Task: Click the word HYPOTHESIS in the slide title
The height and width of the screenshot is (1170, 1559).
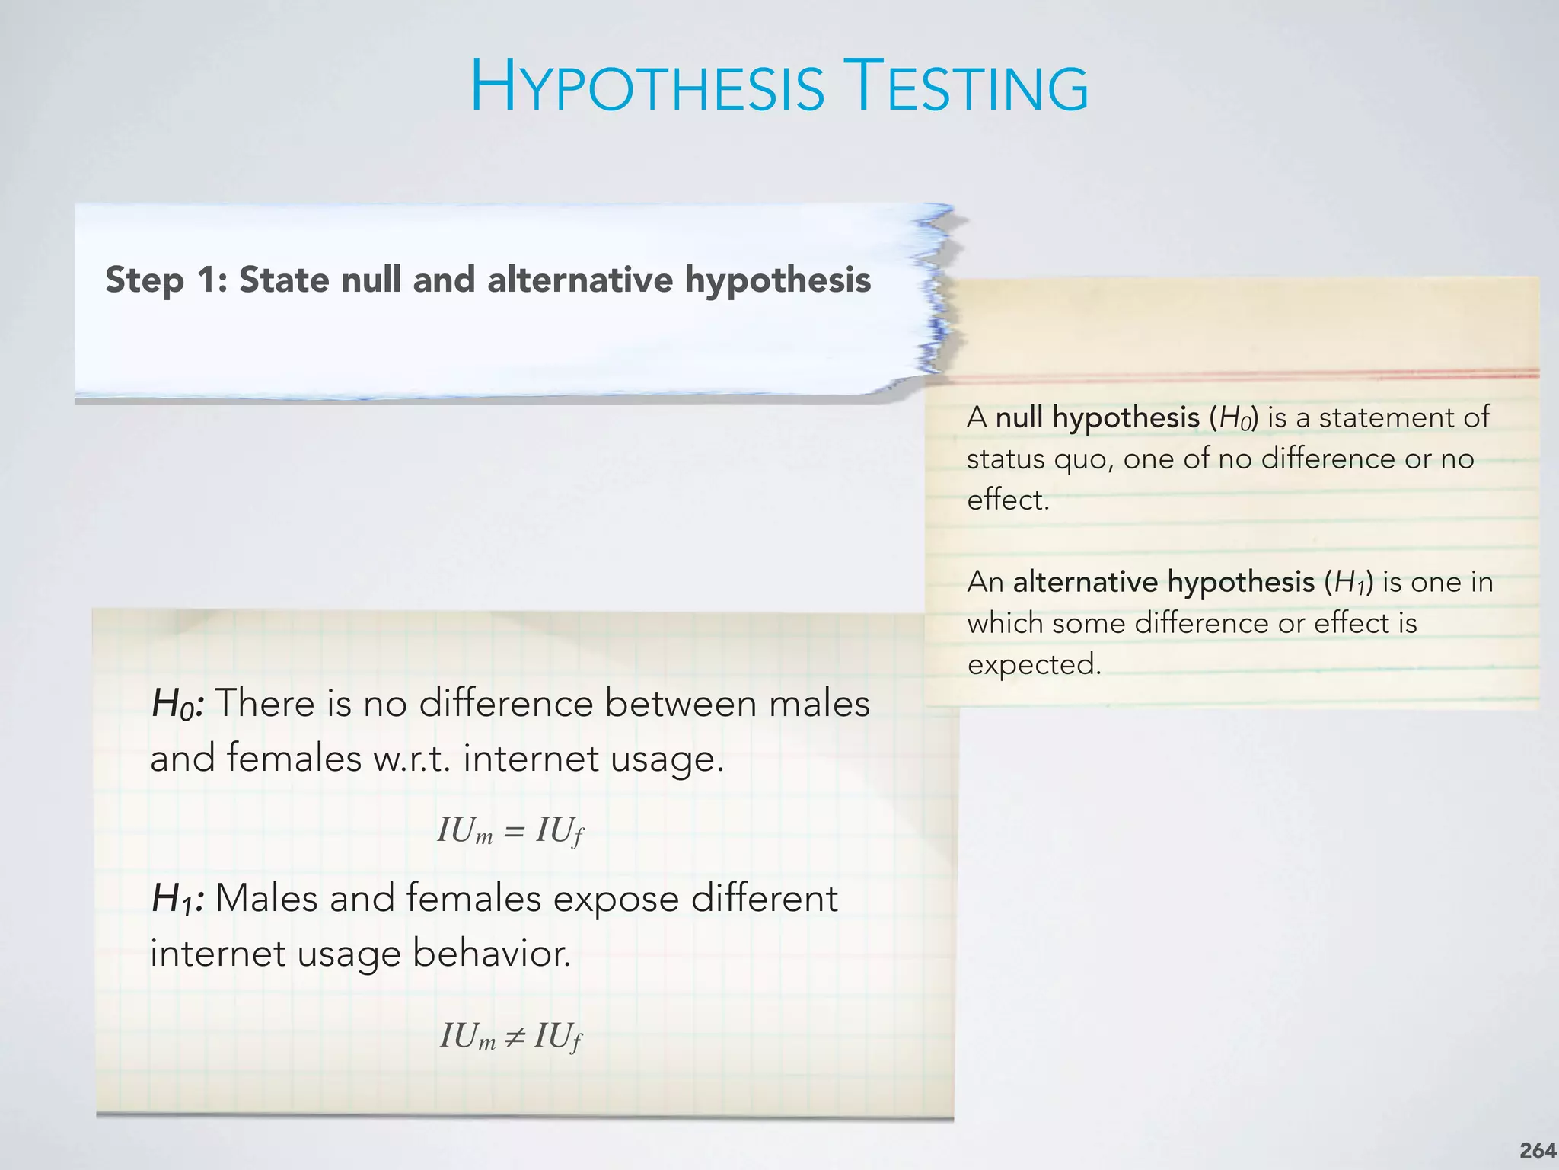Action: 647,88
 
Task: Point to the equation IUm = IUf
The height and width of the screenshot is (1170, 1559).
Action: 510,830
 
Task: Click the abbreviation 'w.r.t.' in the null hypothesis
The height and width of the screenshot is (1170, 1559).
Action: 412,759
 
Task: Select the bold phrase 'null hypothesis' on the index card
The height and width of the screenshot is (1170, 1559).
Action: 1098,418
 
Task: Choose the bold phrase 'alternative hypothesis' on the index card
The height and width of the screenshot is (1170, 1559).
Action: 1164,583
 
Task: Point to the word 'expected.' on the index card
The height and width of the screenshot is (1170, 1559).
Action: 1035,665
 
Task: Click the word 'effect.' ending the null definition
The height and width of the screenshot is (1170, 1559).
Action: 1008,500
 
